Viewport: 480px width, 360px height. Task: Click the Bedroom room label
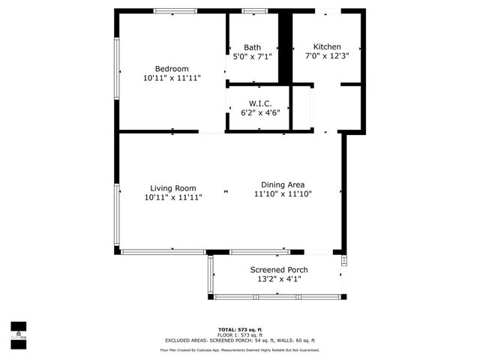pos(172,68)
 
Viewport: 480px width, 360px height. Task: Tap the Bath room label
pos(252,47)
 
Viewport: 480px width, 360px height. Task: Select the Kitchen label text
pos(327,46)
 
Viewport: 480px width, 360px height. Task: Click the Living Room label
pos(172,188)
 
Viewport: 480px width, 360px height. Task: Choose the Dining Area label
pos(282,184)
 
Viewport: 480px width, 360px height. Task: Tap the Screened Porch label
pos(278,270)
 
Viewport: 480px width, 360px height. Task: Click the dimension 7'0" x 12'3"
pos(327,55)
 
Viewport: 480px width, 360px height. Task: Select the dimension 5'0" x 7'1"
pos(252,55)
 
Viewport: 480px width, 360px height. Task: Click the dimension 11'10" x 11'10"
pos(282,193)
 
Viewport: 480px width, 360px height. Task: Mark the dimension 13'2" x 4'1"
pos(278,279)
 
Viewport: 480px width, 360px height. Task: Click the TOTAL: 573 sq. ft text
pos(239,330)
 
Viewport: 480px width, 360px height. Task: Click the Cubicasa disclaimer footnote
pos(240,349)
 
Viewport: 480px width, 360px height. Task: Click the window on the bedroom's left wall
pos(116,67)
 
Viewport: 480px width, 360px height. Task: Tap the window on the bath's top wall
pos(254,10)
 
